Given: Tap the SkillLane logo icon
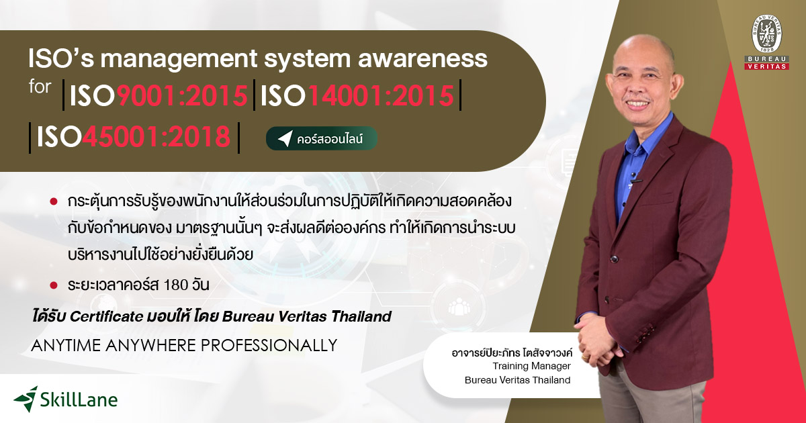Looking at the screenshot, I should [x=26, y=398].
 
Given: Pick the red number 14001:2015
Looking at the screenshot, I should [x=381, y=97].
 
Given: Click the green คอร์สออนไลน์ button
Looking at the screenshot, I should [x=322, y=139].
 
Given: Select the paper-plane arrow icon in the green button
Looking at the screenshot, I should [x=285, y=139].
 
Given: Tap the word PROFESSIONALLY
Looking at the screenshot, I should [x=265, y=345].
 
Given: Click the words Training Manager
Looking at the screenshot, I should [x=531, y=367].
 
